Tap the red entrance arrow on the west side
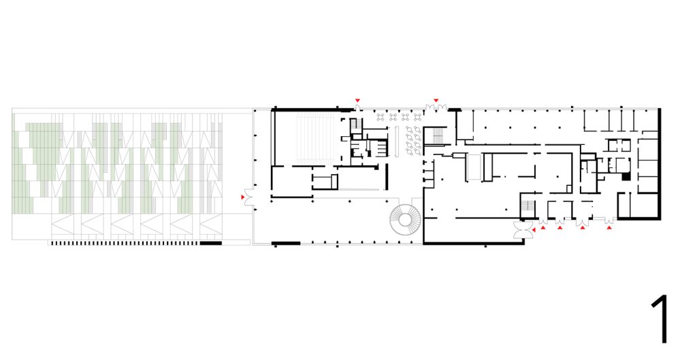[242, 197]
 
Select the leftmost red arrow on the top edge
[357, 101]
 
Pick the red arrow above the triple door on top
[436, 101]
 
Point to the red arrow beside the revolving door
[534, 231]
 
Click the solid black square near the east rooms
[624, 177]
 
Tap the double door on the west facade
[249, 198]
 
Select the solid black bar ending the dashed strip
[210, 243]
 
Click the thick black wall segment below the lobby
[286, 243]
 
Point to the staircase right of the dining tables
[438, 136]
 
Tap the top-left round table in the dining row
[381, 116]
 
